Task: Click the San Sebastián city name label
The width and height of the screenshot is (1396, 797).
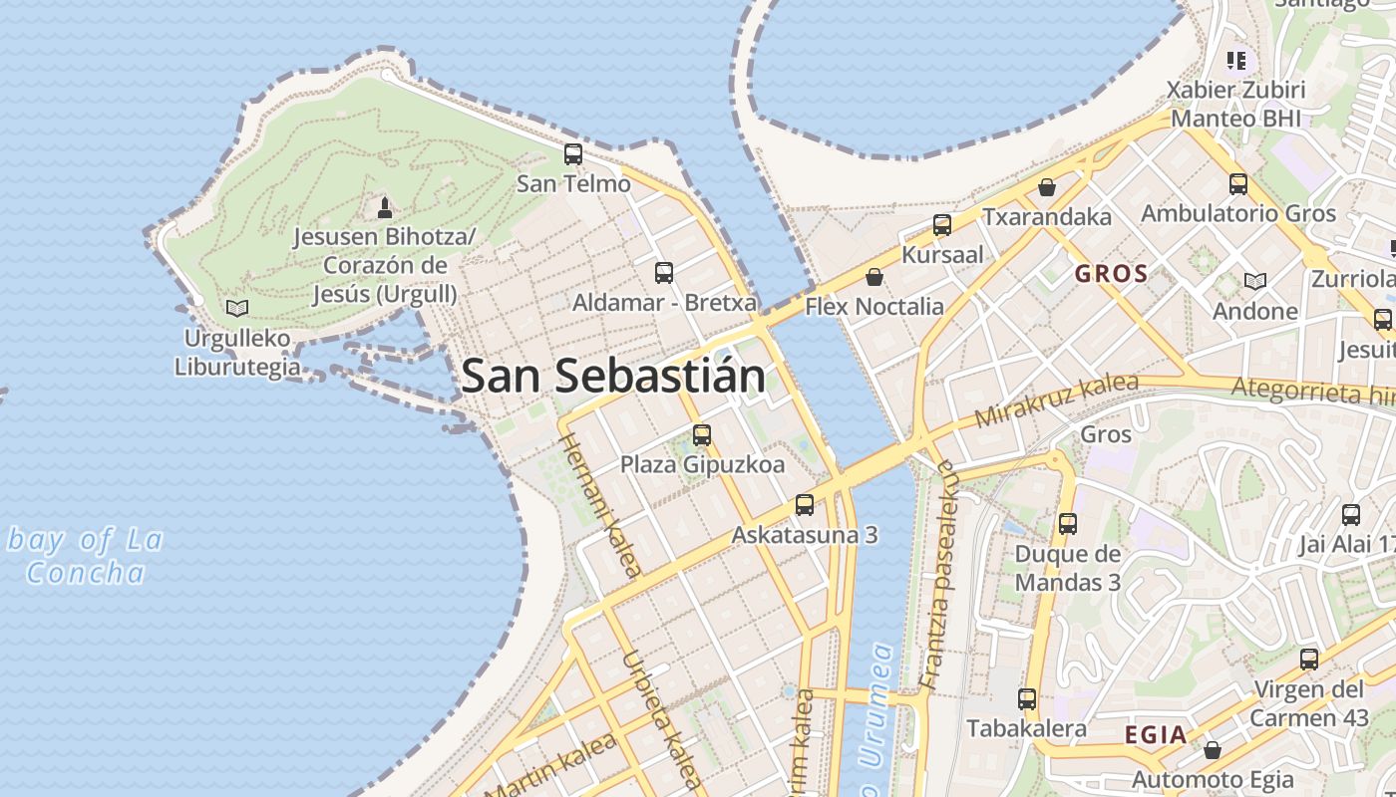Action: coord(614,377)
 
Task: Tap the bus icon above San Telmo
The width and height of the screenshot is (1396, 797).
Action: coord(573,154)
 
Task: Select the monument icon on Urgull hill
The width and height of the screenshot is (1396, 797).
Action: coord(385,207)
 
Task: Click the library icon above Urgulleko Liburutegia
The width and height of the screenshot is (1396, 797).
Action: coord(237,308)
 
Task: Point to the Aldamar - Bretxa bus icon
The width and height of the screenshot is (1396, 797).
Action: coord(664,272)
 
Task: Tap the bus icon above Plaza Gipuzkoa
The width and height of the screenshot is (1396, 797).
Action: coord(702,434)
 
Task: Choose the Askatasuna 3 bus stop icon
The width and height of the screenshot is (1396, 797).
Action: coord(805,505)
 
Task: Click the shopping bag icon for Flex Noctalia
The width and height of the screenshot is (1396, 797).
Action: coord(874,277)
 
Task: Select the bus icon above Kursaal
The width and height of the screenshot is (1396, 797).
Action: coord(942,225)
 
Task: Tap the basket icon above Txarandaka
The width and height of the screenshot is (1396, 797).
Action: coord(1047,186)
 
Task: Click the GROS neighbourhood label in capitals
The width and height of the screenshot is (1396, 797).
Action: coord(1111,274)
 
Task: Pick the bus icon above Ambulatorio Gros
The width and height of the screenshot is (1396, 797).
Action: coord(1238,183)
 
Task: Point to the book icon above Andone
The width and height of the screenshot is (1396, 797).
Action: coord(1255,281)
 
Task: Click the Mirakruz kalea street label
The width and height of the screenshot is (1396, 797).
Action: coord(1056,399)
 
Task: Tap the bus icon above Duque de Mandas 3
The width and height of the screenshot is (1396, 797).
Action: coord(1068,523)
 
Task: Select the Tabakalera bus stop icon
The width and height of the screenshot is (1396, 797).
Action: coord(1027,699)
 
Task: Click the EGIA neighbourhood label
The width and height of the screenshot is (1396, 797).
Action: coord(1156,735)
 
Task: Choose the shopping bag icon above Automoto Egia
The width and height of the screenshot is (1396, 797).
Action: coord(1213,750)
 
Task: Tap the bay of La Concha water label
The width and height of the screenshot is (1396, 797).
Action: coord(85,557)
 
